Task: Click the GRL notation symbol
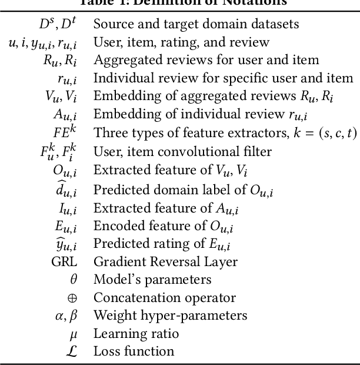(65, 261)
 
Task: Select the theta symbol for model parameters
(73, 279)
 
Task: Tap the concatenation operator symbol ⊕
(73, 297)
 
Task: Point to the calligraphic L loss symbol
(72, 351)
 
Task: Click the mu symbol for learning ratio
(73, 334)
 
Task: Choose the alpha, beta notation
(65, 316)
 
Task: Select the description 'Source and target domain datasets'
(196, 24)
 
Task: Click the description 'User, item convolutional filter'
(182, 151)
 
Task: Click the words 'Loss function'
(134, 351)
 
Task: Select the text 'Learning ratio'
(136, 334)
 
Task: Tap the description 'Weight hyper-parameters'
(170, 316)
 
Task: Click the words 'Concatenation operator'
(165, 297)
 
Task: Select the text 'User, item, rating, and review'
(181, 42)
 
